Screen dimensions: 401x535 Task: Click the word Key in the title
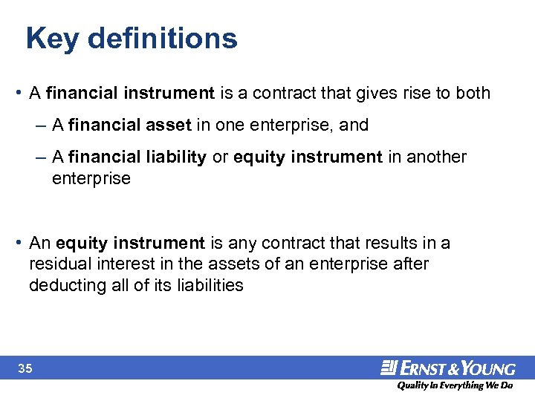pyautogui.click(x=51, y=39)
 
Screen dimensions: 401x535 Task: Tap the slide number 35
pyautogui.click(x=25, y=368)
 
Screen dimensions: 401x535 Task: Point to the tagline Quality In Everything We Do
pyautogui.click(x=455, y=385)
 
